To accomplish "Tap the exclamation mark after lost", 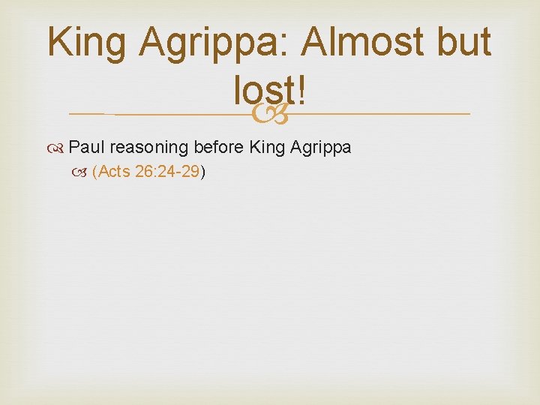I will coord(301,93).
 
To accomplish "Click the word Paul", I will coord(86,147).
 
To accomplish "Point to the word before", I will coord(220,147).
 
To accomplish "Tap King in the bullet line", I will coord(266,147).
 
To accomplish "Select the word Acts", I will coord(114,172).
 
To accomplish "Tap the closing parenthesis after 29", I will coord(202,172).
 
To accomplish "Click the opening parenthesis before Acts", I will coord(95,172).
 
